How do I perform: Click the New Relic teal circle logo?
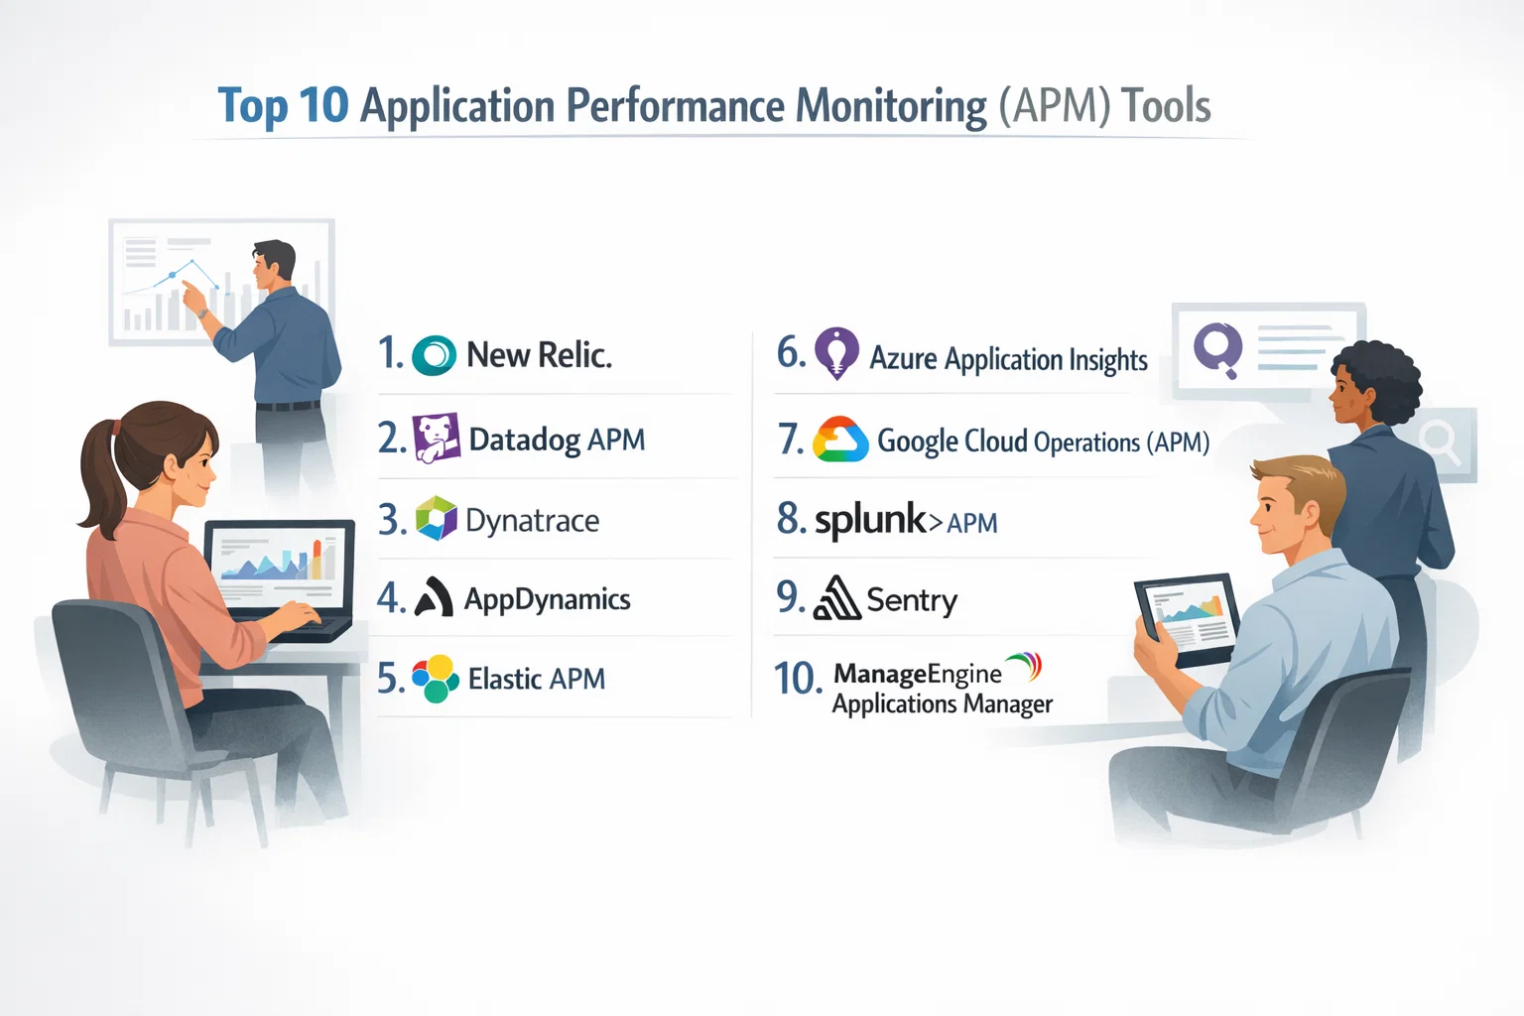click(x=434, y=355)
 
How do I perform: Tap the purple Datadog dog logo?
click(x=437, y=438)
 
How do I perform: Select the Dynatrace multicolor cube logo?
click(x=437, y=519)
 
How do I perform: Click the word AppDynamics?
click(x=547, y=599)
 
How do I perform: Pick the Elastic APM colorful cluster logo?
click(x=436, y=678)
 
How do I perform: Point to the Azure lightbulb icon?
click(x=836, y=352)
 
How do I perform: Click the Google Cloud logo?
click(x=840, y=440)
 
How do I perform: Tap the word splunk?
click(x=869, y=520)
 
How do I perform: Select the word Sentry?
click(x=912, y=600)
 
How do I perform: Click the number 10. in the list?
click(x=797, y=679)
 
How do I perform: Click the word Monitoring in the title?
click(x=891, y=106)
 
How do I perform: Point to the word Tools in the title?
click(x=1166, y=106)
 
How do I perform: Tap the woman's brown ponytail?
click(x=98, y=476)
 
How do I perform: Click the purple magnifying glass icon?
click(x=1218, y=349)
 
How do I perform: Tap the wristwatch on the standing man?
click(x=202, y=313)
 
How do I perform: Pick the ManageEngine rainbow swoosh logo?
click(x=1025, y=666)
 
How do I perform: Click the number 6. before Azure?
click(x=791, y=352)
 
